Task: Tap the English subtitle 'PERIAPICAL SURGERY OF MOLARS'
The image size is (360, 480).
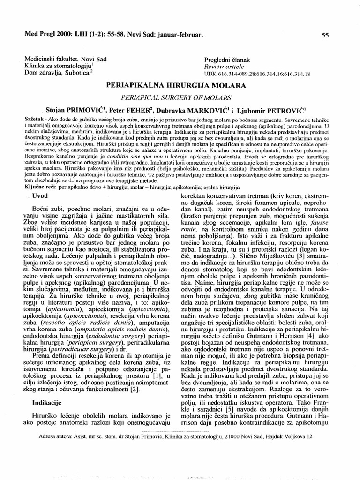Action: coord(176,98)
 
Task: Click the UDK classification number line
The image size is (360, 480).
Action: coord(257,74)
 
